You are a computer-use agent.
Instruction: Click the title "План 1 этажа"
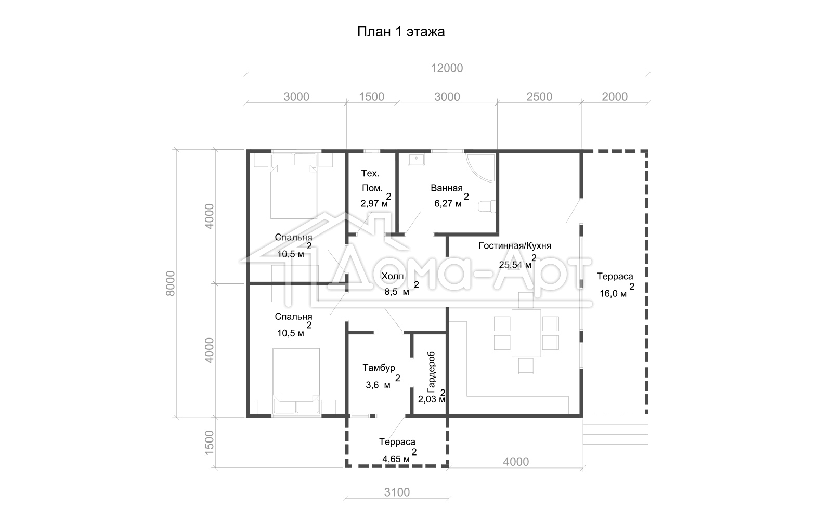pos(401,32)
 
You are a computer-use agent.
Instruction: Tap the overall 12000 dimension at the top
pos(447,68)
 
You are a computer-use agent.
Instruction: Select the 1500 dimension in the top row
pos(371,97)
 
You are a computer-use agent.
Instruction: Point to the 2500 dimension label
pos(539,97)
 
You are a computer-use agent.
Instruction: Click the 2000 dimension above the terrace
pos(615,97)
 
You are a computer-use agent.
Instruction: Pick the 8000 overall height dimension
pos(170,283)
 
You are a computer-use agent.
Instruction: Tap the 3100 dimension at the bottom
pos(397,492)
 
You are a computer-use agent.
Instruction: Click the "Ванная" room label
pos(447,188)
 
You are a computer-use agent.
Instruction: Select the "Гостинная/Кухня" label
pos(515,245)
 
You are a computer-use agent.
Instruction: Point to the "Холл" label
pos(393,276)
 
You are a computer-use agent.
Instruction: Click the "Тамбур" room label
pos(379,368)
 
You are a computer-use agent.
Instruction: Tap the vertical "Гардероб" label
pos(431,372)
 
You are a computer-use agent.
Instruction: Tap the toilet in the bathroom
pos(486,206)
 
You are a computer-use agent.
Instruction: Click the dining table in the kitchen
pos(526,333)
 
